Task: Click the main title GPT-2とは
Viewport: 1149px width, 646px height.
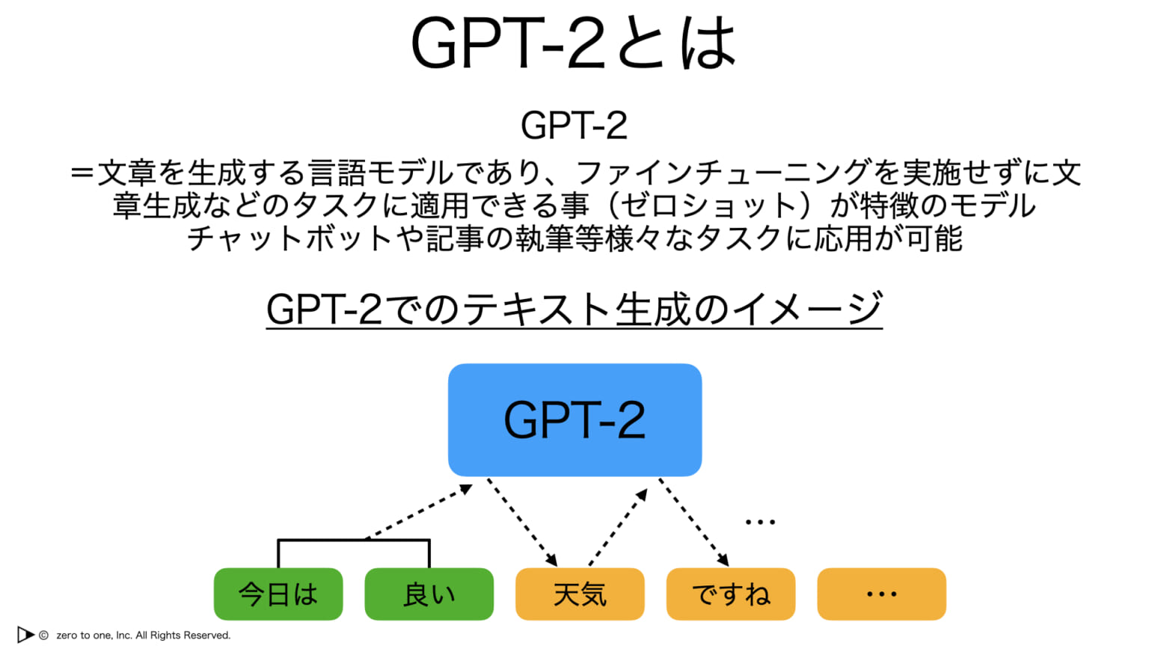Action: click(x=574, y=43)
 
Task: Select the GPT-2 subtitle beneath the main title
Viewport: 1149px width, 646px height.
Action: click(x=574, y=125)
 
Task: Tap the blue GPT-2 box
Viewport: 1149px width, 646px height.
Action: click(x=574, y=419)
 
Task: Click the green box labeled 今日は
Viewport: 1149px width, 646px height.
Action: click(x=278, y=594)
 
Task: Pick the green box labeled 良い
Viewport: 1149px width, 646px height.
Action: click(x=429, y=594)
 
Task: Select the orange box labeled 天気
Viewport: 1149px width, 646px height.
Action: click(x=580, y=594)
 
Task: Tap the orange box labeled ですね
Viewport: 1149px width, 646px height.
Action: click(x=731, y=594)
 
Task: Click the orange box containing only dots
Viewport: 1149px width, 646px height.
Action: click(x=881, y=594)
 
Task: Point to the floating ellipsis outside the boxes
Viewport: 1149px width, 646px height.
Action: click(x=760, y=522)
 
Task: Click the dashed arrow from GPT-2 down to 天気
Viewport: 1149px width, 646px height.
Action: click(x=523, y=523)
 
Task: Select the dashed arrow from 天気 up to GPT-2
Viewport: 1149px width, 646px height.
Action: click(x=618, y=528)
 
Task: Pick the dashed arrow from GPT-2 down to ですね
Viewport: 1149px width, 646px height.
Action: click(x=693, y=523)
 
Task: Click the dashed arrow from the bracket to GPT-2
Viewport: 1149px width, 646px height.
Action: click(x=419, y=512)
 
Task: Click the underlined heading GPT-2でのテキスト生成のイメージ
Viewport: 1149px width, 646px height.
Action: click(x=574, y=309)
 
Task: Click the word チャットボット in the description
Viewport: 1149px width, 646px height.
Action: click(x=289, y=239)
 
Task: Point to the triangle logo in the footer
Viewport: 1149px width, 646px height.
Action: click(x=25, y=635)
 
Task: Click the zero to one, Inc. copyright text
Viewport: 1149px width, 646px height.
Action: click(x=143, y=636)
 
